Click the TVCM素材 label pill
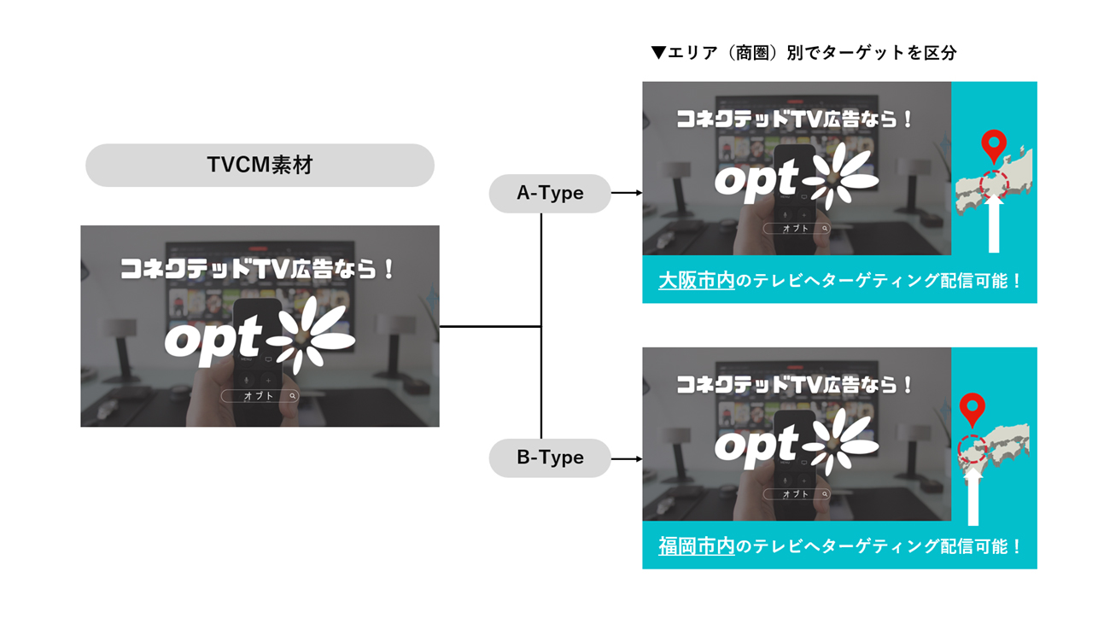260,165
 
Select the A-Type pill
550,194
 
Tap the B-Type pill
550,458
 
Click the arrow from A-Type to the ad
627,194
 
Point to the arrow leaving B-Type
627,458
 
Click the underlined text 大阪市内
696,281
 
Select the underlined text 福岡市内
696,546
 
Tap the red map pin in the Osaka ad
993,146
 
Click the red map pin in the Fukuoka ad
972,409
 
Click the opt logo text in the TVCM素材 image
212,341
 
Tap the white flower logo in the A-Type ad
841,175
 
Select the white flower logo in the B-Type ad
841,441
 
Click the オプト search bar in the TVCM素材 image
260,396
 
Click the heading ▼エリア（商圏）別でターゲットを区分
803,53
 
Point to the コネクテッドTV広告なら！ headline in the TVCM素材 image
257,270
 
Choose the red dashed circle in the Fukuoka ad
973,450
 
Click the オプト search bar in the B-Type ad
796,494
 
